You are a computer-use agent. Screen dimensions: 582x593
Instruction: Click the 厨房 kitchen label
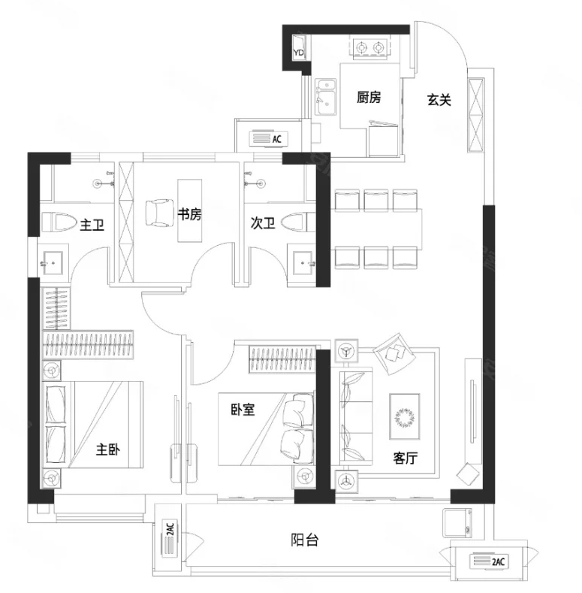pyautogui.click(x=369, y=97)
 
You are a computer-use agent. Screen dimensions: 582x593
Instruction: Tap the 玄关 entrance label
pyautogui.click(x=439, y=100)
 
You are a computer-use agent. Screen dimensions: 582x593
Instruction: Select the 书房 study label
pyautogui.click(x=189, y=214)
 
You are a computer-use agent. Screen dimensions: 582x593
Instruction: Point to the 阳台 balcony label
pyautogui.click(x=305, y=540)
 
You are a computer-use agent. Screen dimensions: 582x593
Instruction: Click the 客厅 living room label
pyautogui.click(x=405, y=458)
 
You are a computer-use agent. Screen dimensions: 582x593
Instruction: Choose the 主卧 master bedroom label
pyautogui.click(x=107, y=449)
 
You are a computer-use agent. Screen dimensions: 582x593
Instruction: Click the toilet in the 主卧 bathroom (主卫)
pyautogui.click(x=59, y=222)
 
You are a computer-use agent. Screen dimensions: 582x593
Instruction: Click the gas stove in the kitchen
pyautogui.click(x=370, y=48)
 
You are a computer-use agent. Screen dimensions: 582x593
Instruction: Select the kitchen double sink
pyautogui.click(x=326, y=97)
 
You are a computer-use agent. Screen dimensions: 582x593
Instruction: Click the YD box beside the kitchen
pyautogui.click(x=299, y=48)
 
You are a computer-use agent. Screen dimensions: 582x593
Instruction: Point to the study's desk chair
pyautogui.click(x=160, y=213)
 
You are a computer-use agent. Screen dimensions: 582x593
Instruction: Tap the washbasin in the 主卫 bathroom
pyautogui.click(x=53, y=262)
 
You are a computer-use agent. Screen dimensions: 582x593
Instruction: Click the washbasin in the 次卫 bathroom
pyautogui.click(x=302, y=262)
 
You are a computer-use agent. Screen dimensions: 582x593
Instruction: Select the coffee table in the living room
pyautogui.click(x=405, y=417)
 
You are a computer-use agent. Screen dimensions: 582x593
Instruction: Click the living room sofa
pyautogui.click(x=356, y=416)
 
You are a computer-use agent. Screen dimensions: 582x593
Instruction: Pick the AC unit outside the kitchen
pyautogui.click(x=269, y=138)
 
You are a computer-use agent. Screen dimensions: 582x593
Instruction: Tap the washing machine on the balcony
pyautogui.click(x=457, y=523)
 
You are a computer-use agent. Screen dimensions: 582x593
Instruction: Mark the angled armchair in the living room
pyautogui.click(x=394, y=354)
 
